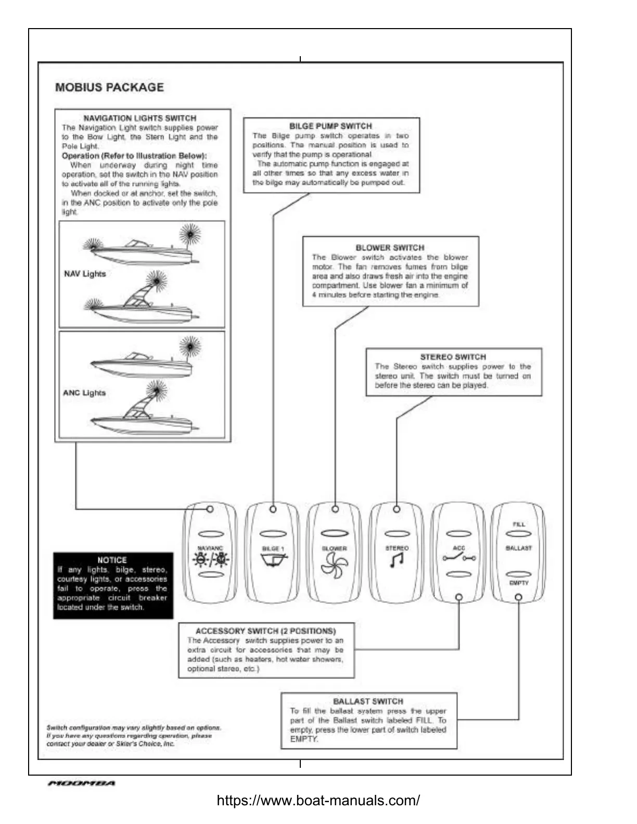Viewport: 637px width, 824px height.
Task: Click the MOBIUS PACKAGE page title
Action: tap(109, 87)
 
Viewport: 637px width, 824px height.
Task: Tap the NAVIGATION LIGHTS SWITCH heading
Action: tap(140, 118)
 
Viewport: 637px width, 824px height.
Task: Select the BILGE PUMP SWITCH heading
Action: tap(330, 126)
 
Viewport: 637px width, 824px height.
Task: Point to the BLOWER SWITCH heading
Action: tap(390, 248)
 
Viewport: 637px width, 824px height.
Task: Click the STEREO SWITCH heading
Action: tap(453, 357)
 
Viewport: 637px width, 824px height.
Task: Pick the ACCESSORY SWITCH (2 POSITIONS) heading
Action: tap(265, 631)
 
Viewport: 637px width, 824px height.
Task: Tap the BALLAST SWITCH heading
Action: tap(368, 701)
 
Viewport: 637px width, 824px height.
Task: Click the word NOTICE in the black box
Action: tap(112, 560)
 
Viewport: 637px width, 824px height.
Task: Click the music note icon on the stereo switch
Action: tap(397, 560)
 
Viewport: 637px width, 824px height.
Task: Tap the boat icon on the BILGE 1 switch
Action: tap(273, 560)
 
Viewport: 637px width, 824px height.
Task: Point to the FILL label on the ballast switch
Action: tap(519, 524)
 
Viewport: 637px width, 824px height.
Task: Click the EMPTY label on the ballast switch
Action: tap(519, 583)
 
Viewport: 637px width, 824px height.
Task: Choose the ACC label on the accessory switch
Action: tap(458, 548)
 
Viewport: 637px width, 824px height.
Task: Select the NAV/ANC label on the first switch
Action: tap(210, 548)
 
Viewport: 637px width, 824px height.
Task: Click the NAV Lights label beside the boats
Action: tap(85, 274)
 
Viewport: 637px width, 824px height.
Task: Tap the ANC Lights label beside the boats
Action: tap(84, 393)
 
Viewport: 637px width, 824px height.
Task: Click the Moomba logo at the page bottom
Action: tap(81, 783)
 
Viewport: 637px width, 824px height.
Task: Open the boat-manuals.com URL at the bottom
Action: tap(318, 800)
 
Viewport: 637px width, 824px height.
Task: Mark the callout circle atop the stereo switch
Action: tap(397, 509)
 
